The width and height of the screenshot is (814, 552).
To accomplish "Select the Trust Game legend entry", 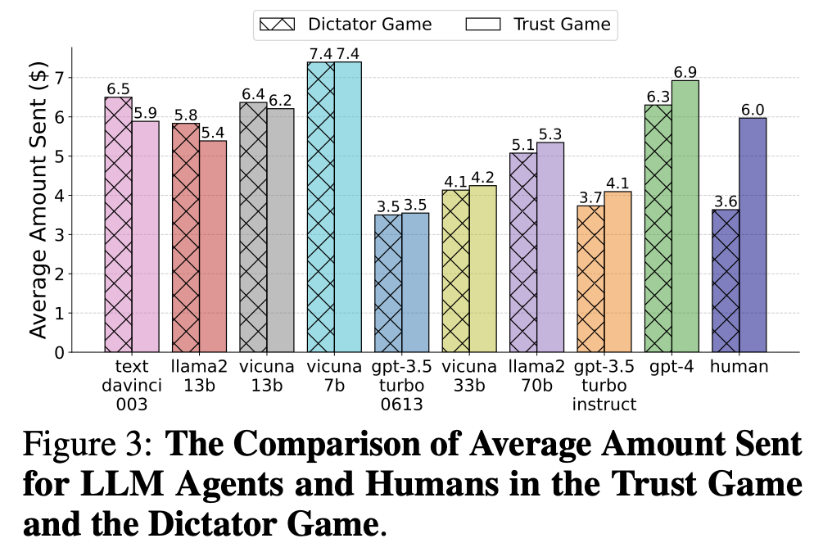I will click(x=540, y=25).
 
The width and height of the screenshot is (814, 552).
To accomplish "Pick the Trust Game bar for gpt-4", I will click(x=685, y=216).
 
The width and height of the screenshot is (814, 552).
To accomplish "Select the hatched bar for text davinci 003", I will click(x=118, y=224).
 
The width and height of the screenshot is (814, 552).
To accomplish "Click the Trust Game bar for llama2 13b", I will click(x=212, y=247).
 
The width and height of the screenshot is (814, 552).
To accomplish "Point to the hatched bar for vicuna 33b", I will click(x=455, y=271).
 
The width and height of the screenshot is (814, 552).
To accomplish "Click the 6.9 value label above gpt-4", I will click(x=685, y=72).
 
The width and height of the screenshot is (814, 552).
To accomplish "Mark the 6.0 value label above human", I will click(x=753, y=110).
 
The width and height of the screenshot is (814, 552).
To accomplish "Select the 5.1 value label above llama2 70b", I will click(x=523, y=144).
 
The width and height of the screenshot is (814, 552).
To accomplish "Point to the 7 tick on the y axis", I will click(x=58, y=78).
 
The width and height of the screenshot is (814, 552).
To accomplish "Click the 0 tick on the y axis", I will click(x=58, y=352).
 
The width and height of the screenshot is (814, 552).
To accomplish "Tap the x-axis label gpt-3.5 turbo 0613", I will click(x=401, y=385).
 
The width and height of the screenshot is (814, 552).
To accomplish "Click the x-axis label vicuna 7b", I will click(x=334, y=376).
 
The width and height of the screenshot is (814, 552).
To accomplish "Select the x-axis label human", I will click(x=739, y=367).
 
